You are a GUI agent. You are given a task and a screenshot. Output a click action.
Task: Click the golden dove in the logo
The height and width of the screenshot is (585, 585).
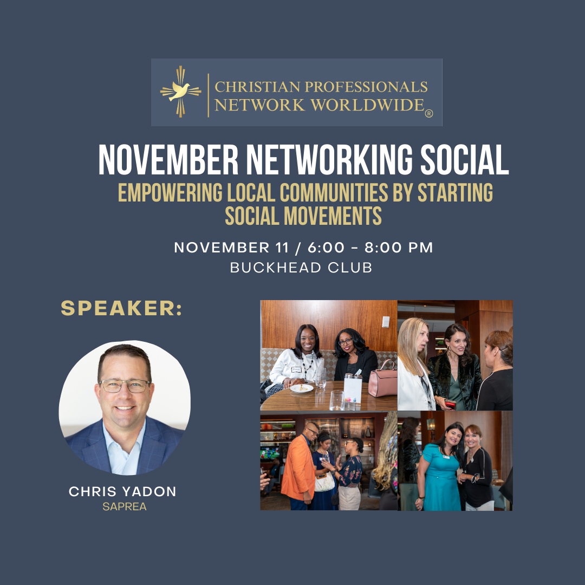coord(179,91)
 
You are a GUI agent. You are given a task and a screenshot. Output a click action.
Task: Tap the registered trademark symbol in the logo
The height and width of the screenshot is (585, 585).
coord(428,113)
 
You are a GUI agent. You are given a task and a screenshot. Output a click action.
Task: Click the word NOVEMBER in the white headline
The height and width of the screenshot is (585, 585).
coord(168,160)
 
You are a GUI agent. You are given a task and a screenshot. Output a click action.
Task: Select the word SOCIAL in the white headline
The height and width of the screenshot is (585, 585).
coord(465,160)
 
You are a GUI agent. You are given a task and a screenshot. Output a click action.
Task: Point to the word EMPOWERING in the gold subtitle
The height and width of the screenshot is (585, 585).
coord(170,192)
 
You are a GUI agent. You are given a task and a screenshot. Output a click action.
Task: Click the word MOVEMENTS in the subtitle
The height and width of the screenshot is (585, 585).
coord(333,216)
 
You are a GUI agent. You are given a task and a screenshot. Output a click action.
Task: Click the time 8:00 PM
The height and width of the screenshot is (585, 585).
coord(399,248)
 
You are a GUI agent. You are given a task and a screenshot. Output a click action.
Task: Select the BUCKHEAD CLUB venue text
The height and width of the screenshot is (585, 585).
coord(301,268)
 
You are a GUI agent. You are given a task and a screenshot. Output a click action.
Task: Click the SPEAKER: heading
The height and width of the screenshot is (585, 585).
coord(122,308)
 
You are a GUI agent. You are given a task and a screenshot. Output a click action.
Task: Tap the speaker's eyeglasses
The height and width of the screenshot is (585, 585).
coord(125,386)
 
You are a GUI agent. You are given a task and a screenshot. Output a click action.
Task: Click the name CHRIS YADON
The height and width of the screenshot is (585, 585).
coord(122,491)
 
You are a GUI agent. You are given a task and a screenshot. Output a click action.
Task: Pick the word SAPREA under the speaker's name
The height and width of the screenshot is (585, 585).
coord(125,506)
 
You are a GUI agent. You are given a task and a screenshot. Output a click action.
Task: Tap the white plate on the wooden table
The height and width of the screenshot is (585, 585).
coord(302,388)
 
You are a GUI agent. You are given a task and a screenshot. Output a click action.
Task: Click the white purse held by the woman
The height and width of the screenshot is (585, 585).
coord(324,482)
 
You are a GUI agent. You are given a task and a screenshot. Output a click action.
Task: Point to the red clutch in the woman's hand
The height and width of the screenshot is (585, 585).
coord(450,404)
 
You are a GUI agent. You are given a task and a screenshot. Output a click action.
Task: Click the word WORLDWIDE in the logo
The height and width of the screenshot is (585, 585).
coord(367,105)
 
